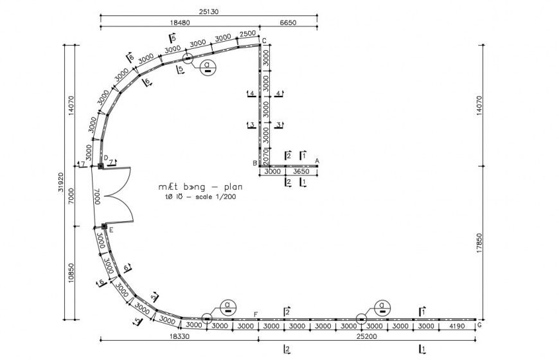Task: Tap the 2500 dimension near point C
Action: click(x=247, y=33)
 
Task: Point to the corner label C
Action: click(x=263, y=40)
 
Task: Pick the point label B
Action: click(x=254, y=163)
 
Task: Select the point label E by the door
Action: click(x=111, y=230)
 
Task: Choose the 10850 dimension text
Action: click(x=70, y=272)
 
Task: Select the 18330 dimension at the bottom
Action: click(x=179, y=336)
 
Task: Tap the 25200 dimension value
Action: click(x=367, y=336)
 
